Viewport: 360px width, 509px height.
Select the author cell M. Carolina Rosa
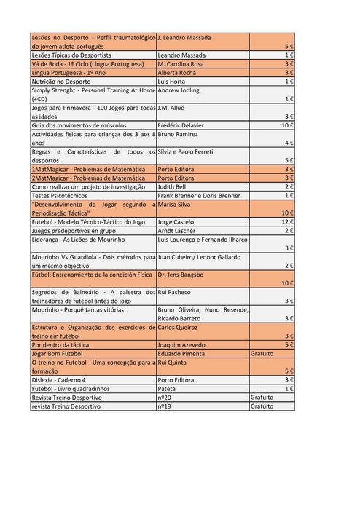point(181,64)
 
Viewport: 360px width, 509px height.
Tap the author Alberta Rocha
point(178,73)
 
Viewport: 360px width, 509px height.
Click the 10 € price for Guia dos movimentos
point(287,126)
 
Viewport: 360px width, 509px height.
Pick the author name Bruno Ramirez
point(178,135)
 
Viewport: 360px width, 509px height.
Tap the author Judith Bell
point(173,187)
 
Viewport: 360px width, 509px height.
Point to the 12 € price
point(287,222)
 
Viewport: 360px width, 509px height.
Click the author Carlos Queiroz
point(178,327)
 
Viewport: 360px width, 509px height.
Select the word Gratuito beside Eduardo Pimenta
point(262,353)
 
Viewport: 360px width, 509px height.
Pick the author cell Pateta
point(168,389)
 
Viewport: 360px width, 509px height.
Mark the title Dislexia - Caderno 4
point(59,380)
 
